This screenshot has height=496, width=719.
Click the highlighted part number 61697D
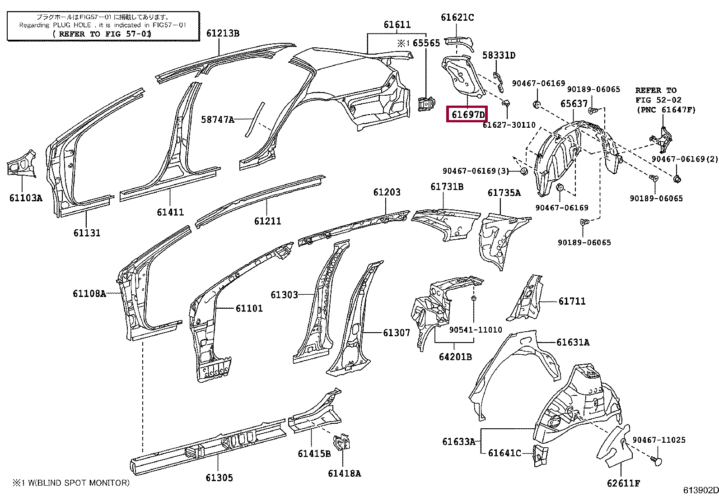[468, 115]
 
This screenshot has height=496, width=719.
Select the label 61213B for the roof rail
[223, 33]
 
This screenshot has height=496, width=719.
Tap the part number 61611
[397, 25]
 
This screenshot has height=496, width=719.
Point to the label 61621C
[457, 17]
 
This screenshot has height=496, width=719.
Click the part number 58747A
[218, 120]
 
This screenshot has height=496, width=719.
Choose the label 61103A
[26, 198]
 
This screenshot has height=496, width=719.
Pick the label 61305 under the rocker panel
[219, 477]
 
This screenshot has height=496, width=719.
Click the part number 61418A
[345, 473]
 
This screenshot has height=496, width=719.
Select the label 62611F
[623, 483]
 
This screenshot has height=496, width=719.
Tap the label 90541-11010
[476, 330]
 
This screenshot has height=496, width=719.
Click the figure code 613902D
[700, 490]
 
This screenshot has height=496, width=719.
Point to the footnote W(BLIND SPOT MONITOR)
[79, 483]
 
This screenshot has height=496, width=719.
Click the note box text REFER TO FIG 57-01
[102, 34]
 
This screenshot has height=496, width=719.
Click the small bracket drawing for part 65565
[427, 104]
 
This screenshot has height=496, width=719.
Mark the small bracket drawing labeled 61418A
[341, 442]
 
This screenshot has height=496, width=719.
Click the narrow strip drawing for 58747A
[255, 120]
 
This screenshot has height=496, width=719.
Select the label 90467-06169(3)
[476, 171]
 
